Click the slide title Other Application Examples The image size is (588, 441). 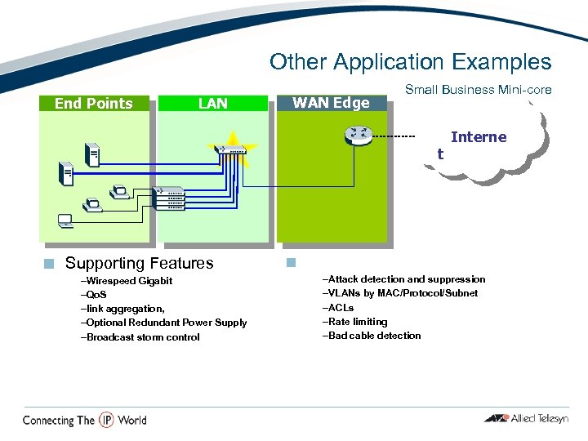[x=410, y=62]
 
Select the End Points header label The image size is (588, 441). [x=93, y=103]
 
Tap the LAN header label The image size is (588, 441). [x=213, y=103]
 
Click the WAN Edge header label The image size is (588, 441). [x=331, y=102]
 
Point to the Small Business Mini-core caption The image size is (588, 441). [x=478, y=90]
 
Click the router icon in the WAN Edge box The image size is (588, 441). [x=358, y=135]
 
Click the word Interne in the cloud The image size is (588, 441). [x=479, y=137]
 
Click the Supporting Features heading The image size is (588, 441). [x=139, y=263]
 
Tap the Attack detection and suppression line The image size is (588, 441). [x=404, y=279]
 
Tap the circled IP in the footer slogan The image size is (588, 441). [x=106, y=420]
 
